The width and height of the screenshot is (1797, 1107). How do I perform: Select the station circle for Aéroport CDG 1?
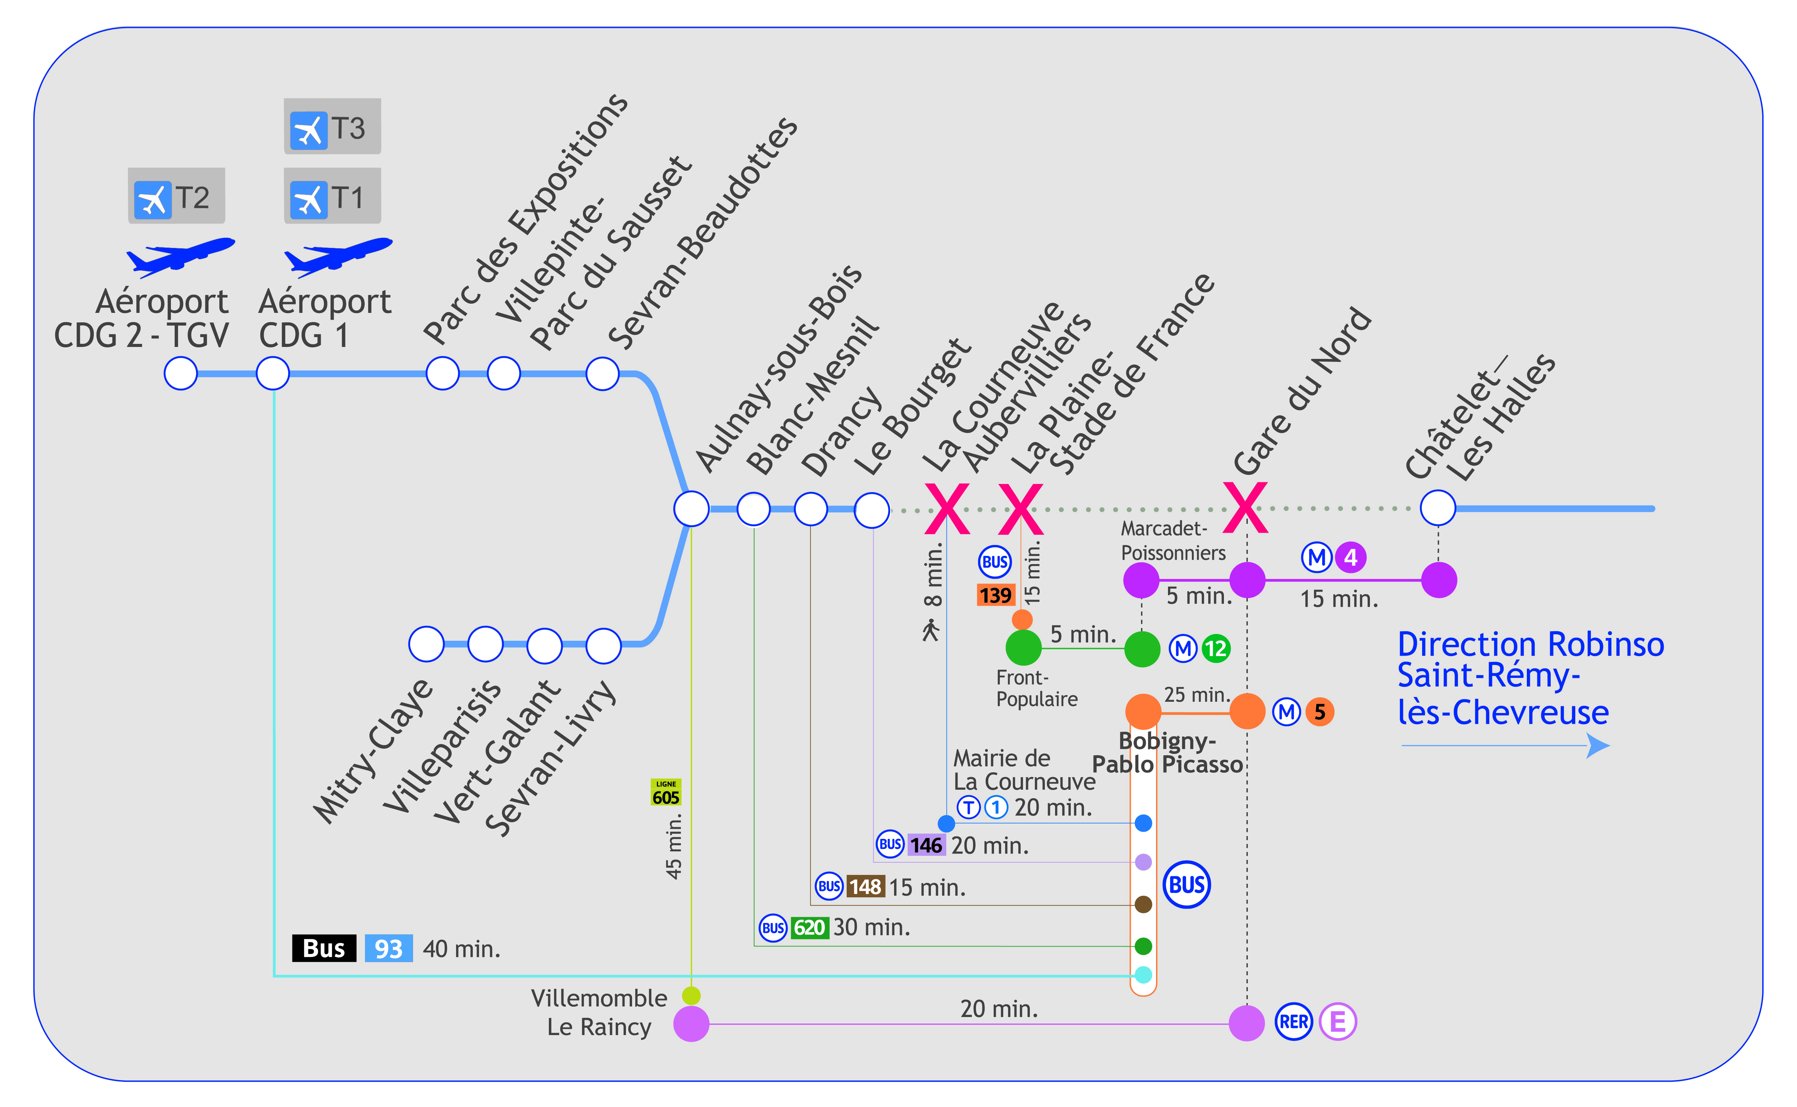273,374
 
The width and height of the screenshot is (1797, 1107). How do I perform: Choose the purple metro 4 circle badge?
1350,557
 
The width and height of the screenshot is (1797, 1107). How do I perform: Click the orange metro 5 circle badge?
1319,711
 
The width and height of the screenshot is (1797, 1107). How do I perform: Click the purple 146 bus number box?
926,845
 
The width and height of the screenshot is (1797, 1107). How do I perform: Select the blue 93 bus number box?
388,948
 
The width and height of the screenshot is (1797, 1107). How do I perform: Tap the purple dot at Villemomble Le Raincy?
691,1023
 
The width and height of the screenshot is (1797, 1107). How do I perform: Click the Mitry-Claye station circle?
426,644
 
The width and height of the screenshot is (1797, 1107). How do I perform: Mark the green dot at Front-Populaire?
1023,647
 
